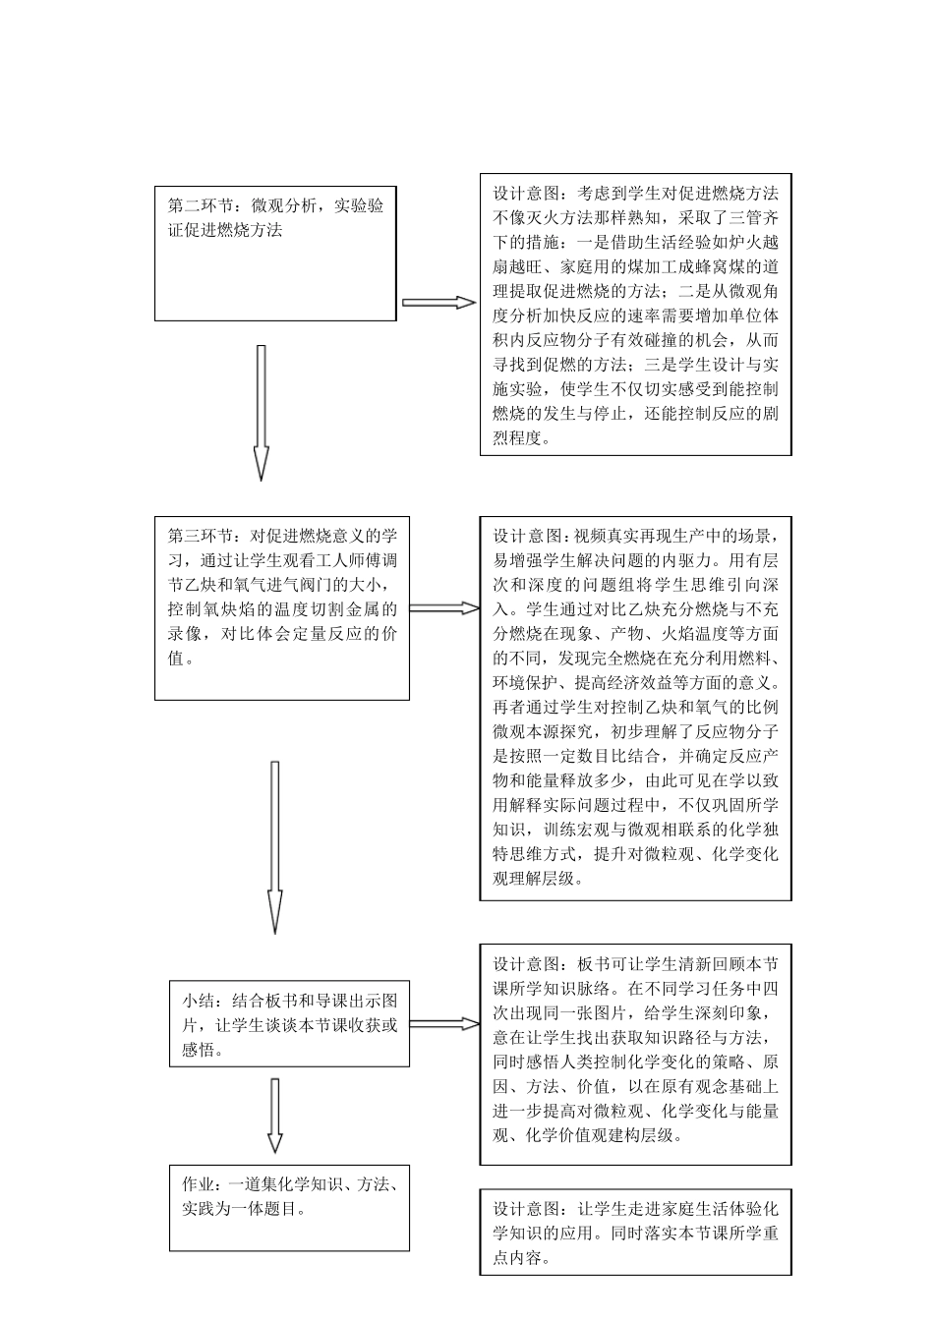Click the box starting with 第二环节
point(277,254)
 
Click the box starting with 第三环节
point(282,608)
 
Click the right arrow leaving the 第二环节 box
point(438,303)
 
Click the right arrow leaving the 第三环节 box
point(443,608)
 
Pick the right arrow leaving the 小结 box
point(443,1023)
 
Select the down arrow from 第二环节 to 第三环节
point(261,412)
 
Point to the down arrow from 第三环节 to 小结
point(274,846)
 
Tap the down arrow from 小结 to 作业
point(274,1116)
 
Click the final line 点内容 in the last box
point(518,1258)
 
